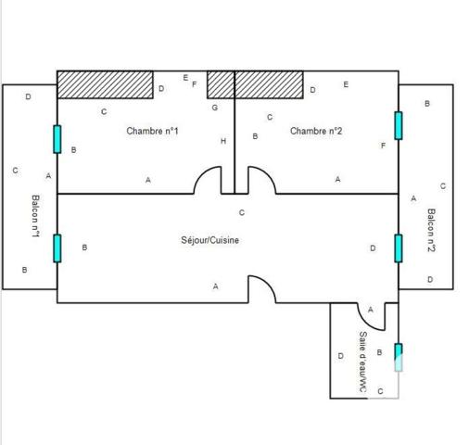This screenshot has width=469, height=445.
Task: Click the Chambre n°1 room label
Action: [x=152, y=132]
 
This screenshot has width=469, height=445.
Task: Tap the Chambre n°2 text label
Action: [x=316, y=132]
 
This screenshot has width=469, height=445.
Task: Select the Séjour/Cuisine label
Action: [x=210, y=241]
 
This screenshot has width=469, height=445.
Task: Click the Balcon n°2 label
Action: [x=432, y=232]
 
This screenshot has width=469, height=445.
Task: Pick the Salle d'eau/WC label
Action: [x=363, y=363]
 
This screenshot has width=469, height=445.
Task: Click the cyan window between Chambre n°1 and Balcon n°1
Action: [x=57, y=139]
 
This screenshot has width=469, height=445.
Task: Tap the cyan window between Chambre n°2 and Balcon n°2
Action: [x=399, y=125]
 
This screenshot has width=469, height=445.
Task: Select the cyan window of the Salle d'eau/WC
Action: [x=399, y=357]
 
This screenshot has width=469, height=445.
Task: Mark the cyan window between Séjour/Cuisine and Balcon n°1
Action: [x=57, y=248]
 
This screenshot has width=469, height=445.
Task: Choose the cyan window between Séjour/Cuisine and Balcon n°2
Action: [x=399, y=248]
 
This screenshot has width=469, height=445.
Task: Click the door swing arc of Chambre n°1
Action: [x=207, y=181]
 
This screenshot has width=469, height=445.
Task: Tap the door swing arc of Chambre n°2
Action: [x=261, y=181]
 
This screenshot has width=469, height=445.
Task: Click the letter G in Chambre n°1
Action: [x=215, y=108]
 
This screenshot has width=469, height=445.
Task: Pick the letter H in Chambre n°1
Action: [x=223, y=141]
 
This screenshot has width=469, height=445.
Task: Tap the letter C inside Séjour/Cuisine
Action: [x=242, y=212]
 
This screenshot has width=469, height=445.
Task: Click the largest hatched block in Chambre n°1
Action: [x=106, y=85]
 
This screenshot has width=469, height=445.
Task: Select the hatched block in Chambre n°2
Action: [x=269, y=85]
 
